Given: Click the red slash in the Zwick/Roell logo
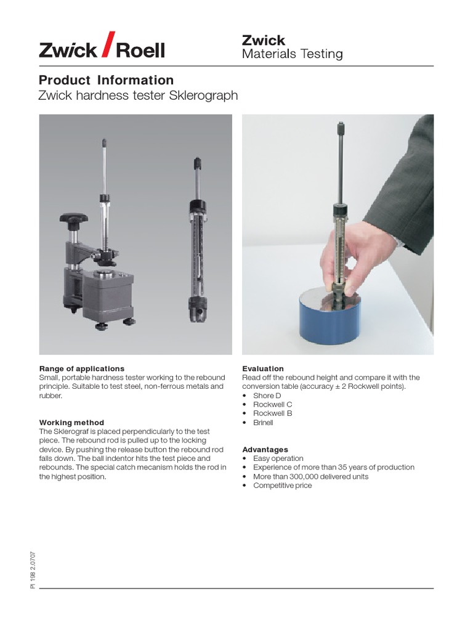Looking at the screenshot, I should tap(107, 44).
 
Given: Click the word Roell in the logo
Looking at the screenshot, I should tap(140, 50).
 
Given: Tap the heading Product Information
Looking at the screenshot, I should tap(106, 80).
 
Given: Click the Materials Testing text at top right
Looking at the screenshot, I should tap(292, 54).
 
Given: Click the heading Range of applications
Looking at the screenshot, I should tap(81, 368).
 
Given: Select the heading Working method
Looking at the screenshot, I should tap(71, 423).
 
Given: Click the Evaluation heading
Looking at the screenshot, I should tap(263, 368).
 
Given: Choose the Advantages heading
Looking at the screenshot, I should tap(265, 450).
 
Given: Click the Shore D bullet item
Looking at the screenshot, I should tap(267, 396).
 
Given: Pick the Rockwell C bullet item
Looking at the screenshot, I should tap(272, 405).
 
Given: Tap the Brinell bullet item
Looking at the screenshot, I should tap(263, 423).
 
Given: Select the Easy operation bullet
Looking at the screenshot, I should tap(278, 458).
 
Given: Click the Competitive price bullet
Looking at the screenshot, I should tap(282, 486).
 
